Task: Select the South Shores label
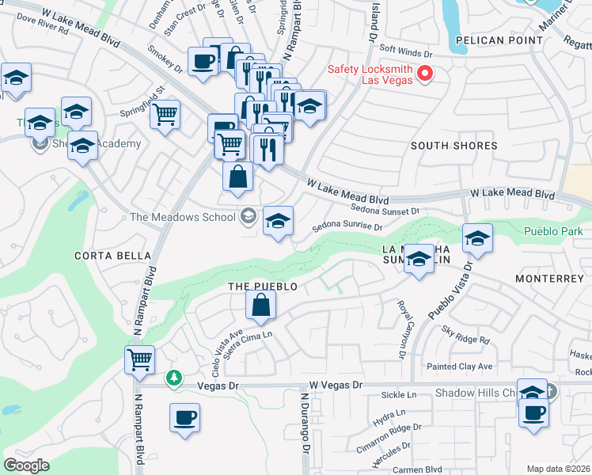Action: click(453, 146)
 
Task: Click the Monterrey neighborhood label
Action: click(548, 279)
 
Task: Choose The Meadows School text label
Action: click(182, 218)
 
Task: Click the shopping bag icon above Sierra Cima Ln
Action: click(260, 305)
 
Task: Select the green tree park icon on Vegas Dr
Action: click(174, 378)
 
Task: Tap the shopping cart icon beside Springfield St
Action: click(165, 115)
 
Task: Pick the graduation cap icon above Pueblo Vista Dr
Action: click(477, 238)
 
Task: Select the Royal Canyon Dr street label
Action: click(401, 317)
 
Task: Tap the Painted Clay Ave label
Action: click(459, 367)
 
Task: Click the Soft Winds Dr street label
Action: click(406, 55)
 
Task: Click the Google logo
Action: click(27, 465)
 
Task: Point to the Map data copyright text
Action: click(558, 469)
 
